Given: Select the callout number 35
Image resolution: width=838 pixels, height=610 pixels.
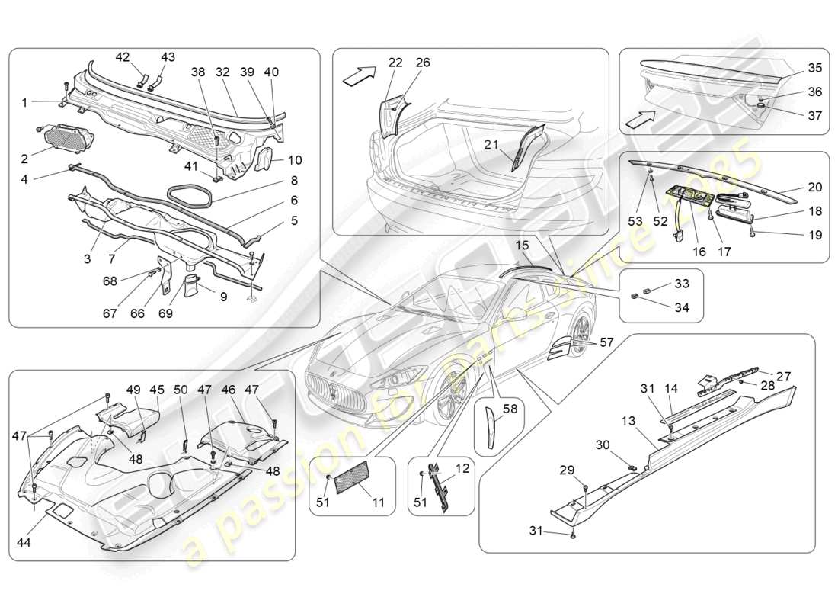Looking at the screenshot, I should point(814,68).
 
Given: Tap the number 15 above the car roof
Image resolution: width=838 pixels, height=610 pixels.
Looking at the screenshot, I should point(522,245).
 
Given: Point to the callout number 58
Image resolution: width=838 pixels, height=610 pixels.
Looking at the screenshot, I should point(509,409).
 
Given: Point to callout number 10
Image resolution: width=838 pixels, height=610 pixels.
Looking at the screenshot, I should point(294,160).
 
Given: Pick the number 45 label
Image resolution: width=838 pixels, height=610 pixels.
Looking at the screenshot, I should point(157,390).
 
